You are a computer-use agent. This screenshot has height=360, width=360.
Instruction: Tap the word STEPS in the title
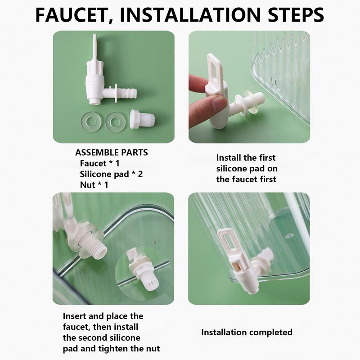[296, 15]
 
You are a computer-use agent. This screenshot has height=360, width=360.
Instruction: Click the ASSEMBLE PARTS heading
[112, 153]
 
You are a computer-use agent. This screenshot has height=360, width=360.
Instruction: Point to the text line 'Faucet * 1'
[99, 163]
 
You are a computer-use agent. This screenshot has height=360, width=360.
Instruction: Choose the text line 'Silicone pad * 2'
[111, 174]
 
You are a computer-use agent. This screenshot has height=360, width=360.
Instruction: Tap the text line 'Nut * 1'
[94, 185]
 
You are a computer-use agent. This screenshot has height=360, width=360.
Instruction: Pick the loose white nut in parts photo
[142, 119]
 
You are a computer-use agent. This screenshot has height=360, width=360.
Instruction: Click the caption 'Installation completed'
[247, 332]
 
